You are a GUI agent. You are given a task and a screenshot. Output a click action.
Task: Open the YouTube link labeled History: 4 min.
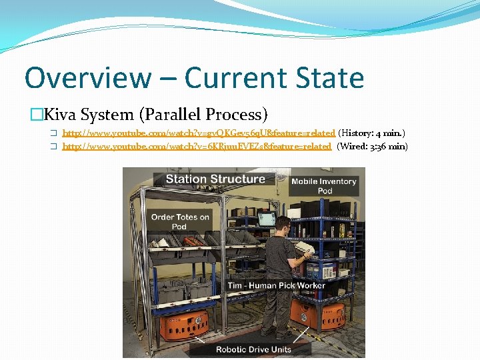(x=199, y=134)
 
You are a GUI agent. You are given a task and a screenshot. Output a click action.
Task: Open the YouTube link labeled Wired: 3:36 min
(x=197, y=147)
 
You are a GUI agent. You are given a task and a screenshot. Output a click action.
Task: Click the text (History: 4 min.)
(x=372, y=134)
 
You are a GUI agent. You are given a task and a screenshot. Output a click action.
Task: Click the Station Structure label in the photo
(x=215, y=179)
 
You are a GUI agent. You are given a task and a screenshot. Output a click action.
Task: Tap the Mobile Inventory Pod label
(x=324, y=186)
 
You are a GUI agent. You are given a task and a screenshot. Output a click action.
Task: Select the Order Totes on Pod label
(x=180, y=221)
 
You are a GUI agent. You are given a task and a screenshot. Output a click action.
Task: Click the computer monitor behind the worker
(x=267, y=219)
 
